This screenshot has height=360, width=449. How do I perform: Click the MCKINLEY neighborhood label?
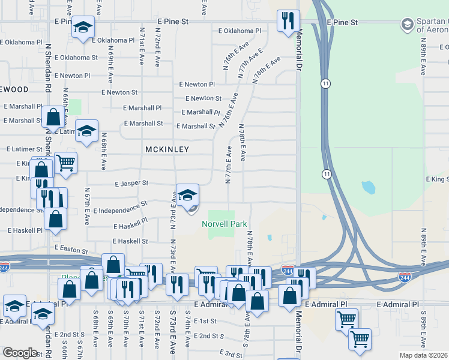tap(167, 149)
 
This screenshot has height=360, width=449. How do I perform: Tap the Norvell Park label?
tap(225, 224)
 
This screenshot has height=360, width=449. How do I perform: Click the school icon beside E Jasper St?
tap(188, 194)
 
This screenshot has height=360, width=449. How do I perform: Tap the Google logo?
tap(20, 353)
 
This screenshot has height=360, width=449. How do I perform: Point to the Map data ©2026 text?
tap(423, 355)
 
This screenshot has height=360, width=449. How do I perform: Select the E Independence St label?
tap(120, 208)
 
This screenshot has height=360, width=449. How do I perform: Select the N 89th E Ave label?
tap(424, 57)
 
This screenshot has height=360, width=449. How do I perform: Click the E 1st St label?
tap(205, 322)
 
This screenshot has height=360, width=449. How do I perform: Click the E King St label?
tap(438, 179)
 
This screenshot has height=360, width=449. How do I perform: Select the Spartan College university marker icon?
tap(408, 24)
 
